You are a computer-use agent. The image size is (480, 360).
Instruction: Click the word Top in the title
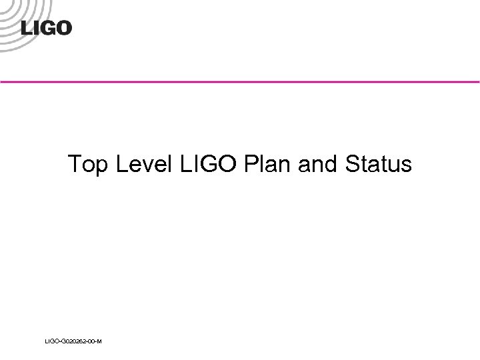click(89, 164)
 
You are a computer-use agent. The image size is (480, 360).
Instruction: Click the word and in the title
click(319, 164)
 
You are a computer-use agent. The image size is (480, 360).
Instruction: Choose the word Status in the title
click(379, 164)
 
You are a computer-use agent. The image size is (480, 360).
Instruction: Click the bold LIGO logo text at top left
click(46, 28)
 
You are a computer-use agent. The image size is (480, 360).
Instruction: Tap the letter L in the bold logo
click(27, 28)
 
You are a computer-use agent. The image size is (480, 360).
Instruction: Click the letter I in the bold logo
click(35, 28)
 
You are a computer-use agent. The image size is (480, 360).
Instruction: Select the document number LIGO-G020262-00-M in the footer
click(73, 341)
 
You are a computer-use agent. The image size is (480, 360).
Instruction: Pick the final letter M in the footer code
click(99, 341)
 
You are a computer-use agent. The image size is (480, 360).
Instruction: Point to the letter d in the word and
click(331, 164)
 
